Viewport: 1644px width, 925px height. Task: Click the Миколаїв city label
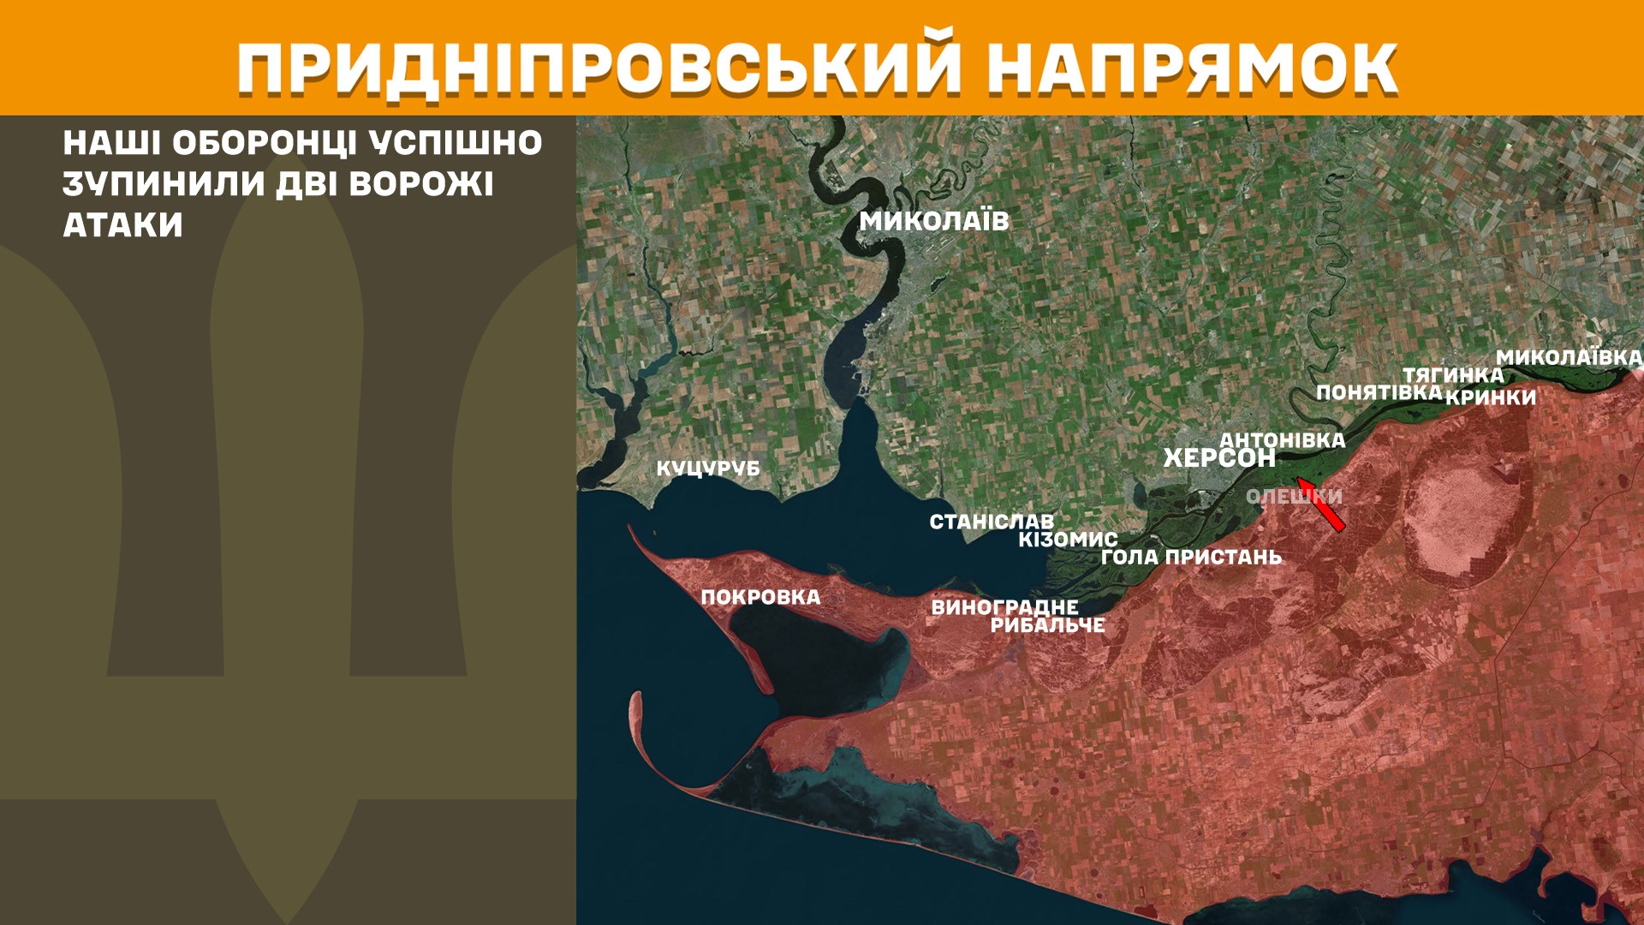click(x=934, y=221)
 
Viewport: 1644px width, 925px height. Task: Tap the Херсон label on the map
click(x=1219, y=458)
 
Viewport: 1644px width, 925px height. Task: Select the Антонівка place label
click(x=1283, y=440)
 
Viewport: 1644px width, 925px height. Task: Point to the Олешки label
click(x=1294, y=497)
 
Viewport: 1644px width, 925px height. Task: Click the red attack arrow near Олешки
click(x=1320, y=504)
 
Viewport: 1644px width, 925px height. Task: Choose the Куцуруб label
click(x=708, y=468)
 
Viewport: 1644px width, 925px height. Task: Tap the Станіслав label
click(x=992, y=522)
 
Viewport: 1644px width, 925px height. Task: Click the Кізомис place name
click(x=1068, y=540)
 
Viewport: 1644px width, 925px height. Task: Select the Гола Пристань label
click(x=1191, y=558)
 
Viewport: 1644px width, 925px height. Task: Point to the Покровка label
click(x=760, y=598)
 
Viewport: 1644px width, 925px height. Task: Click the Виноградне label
click(x=1004, y=607)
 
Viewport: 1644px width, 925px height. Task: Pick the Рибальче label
click(x=1047, y=625)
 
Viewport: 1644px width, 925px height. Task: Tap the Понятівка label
click(x=1379, y=392)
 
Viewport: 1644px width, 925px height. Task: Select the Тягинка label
click(x=1453, y=375)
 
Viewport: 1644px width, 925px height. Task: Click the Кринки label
click(x=1491, y=397)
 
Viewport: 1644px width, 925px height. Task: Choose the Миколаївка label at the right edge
click(x=1569, y=357)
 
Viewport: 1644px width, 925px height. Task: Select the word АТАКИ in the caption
click(x=122, y=225)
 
